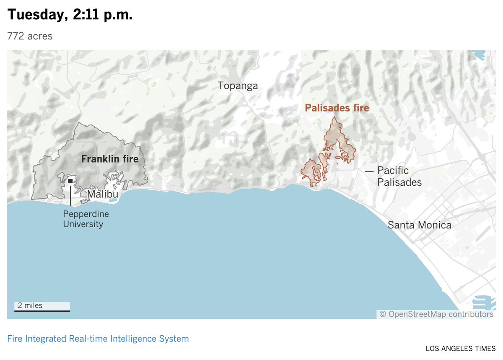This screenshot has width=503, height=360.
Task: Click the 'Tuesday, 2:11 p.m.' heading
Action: [x=70, y=15]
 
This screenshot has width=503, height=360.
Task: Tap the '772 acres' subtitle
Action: [x=30, y=36]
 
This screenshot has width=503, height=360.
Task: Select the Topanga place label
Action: [x=238, y=86]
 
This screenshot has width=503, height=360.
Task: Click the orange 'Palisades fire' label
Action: [x=337, y=108]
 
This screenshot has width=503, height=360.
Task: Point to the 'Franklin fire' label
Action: [x=110, y=159]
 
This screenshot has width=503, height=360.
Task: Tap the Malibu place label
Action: [x=102, y=194]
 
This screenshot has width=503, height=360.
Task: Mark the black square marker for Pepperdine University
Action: [x=70, y=181]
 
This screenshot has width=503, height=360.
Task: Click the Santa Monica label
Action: [x=419, y=225]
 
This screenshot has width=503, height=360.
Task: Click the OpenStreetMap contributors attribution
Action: [x=436, y=314]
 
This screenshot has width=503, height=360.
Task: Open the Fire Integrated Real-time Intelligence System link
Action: [x=98, y=339]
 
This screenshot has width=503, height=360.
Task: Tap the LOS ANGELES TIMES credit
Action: [x=460, y=348]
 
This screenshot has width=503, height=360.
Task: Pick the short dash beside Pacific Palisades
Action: [x=369, y=171]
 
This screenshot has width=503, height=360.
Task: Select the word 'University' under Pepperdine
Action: [x=83, y=224]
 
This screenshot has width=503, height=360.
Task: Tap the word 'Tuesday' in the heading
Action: [x=34, y=15]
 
